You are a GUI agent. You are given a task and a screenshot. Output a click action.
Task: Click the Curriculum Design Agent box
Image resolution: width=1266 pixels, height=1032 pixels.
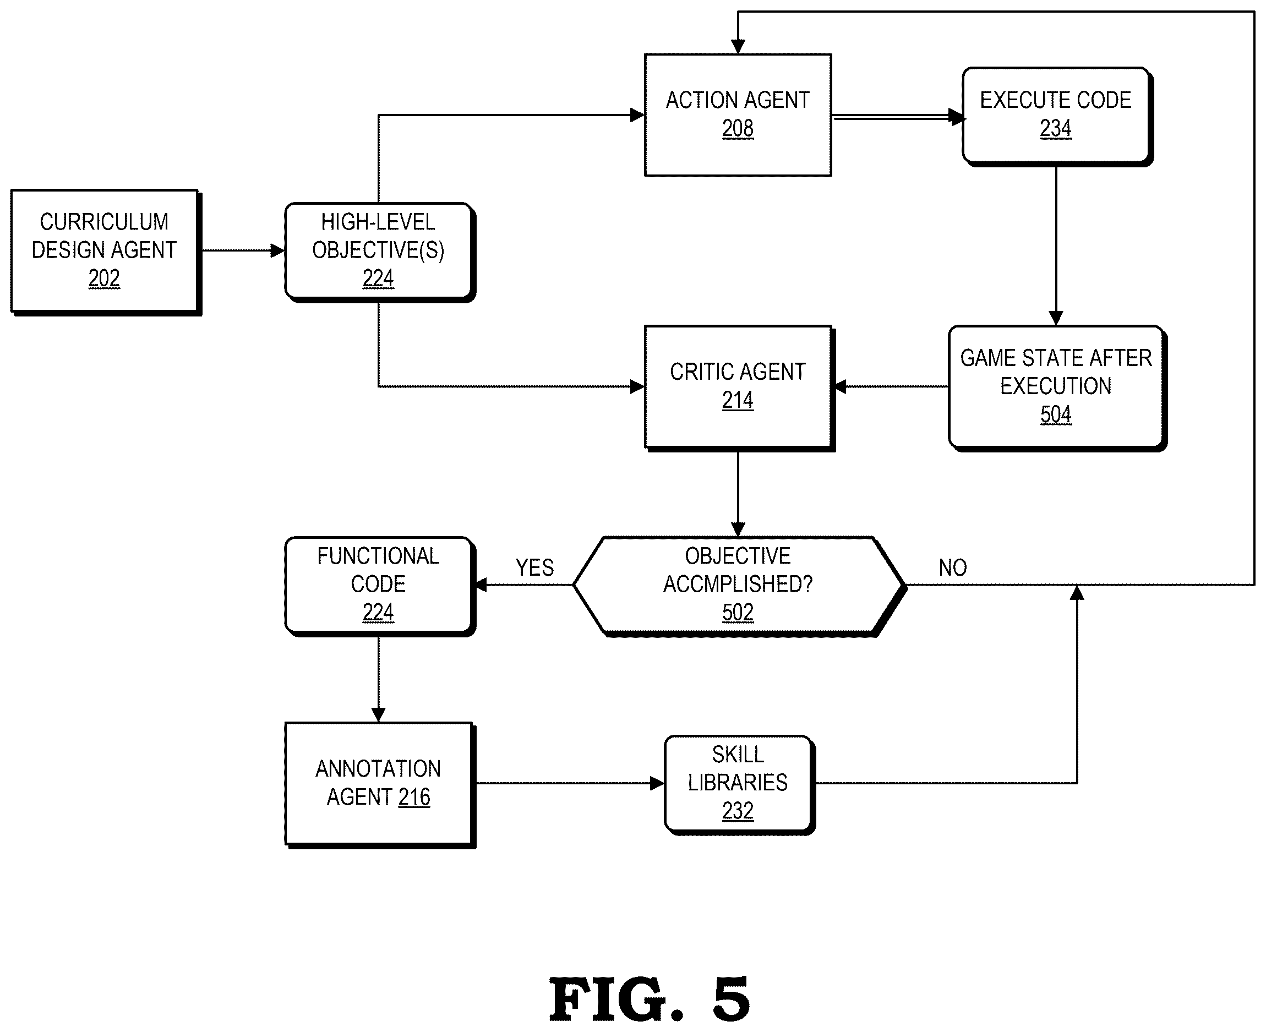[106, 253]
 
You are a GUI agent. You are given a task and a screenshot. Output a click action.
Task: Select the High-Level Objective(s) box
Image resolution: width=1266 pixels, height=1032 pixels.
[380, 253]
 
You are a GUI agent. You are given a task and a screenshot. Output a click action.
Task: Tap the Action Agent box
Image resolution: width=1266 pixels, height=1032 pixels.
[738, 114]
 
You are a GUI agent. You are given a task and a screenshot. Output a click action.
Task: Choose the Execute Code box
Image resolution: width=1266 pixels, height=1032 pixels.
[1058, 117]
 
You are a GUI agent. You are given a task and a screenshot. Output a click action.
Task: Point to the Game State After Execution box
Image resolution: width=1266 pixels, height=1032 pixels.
[1058, 388]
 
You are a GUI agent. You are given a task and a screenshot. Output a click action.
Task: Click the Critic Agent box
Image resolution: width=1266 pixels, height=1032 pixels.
[740, 388]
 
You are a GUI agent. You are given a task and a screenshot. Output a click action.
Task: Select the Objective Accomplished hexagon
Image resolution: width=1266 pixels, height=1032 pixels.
[740, 587]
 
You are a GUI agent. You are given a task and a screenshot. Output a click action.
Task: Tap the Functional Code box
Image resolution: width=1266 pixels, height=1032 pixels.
[380, 587]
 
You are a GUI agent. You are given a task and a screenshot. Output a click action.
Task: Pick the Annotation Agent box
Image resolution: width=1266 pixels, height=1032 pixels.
[380, 785]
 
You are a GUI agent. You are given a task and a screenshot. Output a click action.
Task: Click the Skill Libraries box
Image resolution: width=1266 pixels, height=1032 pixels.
[739, 785]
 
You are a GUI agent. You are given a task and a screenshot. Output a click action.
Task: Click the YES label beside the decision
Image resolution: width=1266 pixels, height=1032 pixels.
[534, 567]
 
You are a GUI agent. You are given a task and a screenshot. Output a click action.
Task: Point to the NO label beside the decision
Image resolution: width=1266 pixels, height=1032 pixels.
[953, 567]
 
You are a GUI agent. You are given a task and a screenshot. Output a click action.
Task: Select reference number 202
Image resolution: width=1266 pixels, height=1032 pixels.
[104, 278]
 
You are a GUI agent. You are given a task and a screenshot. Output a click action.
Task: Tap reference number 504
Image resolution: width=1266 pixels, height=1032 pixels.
[1056, 414]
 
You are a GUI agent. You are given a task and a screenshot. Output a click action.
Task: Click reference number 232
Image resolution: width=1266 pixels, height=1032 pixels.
[738, 811]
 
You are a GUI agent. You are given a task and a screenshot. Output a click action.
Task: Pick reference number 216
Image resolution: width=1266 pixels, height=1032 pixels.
[414, 797]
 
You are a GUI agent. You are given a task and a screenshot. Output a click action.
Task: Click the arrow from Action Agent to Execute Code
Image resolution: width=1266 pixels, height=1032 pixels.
[899, 117]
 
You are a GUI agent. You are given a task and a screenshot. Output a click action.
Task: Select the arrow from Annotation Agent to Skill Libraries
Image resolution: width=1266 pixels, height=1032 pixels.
[571, 784]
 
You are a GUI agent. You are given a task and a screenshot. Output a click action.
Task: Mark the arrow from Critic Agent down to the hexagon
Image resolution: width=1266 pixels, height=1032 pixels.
[738, 495]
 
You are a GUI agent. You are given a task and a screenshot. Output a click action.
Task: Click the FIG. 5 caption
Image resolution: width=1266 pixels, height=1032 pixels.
[649, 1000]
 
